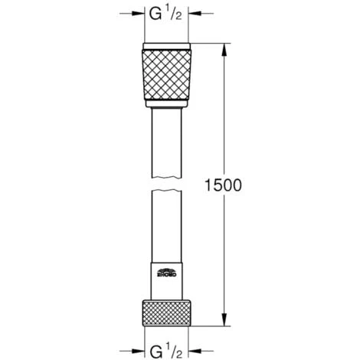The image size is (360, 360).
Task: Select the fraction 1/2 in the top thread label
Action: (x=173, y=11)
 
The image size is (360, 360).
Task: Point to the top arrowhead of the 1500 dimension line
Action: (x=224, y=47)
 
